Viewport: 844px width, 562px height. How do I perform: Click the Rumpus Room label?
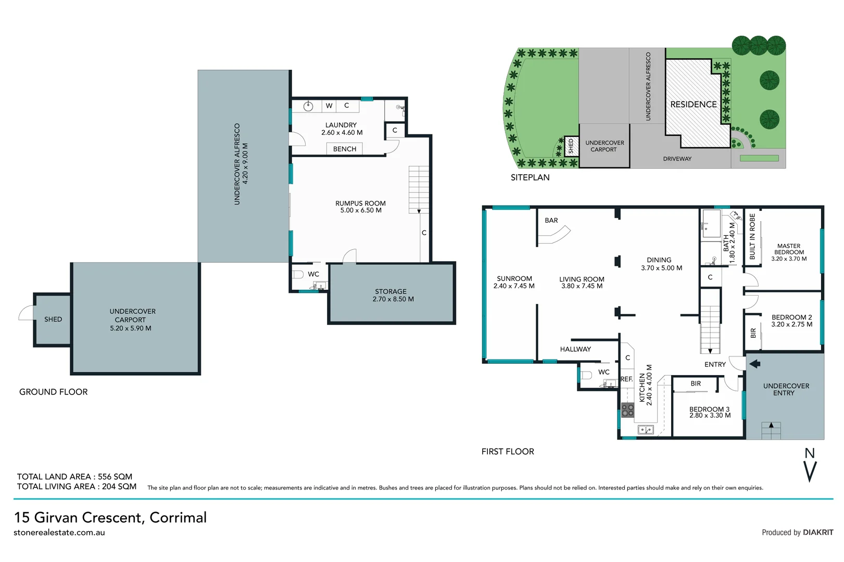click(x=360, y=203)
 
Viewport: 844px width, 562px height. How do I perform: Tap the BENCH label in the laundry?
click(x=345, y=149)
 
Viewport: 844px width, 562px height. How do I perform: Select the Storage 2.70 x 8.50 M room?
click(x=390, y=295)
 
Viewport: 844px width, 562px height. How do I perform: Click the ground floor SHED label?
click(x=53, y=320)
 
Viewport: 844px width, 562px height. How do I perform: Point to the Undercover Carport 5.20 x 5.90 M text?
click(x=131, y=320)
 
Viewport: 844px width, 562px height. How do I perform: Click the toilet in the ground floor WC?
click(x=298, y=274)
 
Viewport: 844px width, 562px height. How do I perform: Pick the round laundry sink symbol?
click(x=308, y=106)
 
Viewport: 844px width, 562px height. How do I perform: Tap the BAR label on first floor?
click(x=551, y=221)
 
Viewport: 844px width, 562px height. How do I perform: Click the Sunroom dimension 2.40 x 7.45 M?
click(x=514, y=286)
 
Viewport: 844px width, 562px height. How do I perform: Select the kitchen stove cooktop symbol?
click(x=627, y=410)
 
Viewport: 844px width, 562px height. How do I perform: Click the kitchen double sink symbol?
click(x=646, y=430)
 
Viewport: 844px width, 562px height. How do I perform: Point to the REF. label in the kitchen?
click(x=626, y=379)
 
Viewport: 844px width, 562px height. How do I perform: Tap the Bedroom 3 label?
click(x=709, y=409)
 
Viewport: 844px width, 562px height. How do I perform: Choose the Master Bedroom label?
click(x=789, y=249)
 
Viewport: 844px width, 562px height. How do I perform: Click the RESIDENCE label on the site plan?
click(x=693, y=105)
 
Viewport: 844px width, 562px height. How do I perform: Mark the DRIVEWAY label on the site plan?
click(x=677, y=159)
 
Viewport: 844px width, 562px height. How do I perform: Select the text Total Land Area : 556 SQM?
click(x=74, y=477)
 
